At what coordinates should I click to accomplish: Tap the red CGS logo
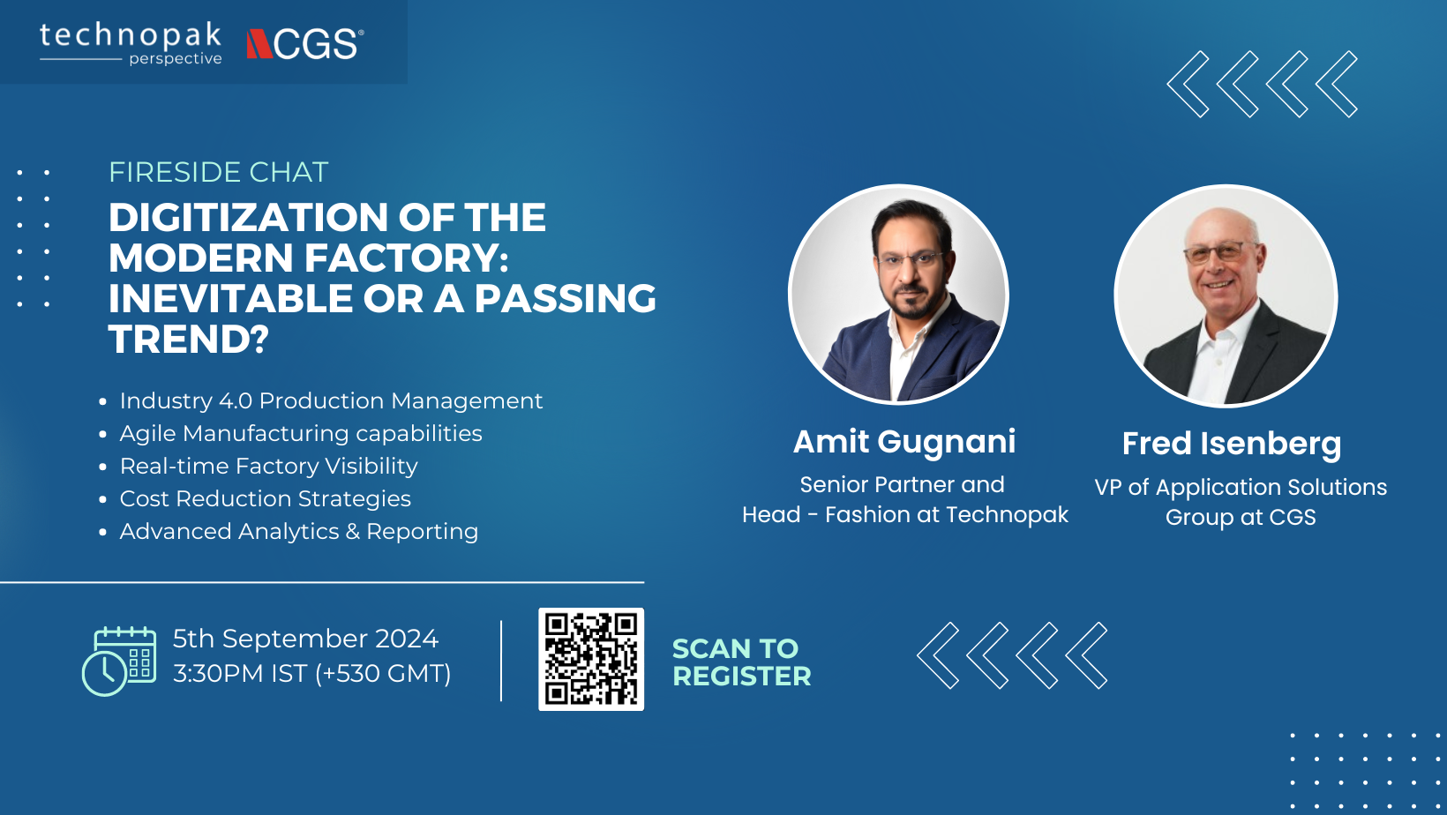click(x=305, y=44)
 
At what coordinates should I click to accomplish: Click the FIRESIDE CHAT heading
click(x=218, y=172)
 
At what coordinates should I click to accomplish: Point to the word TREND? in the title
click(x=188, y=339)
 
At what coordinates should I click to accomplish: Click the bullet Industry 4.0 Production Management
click(x=331, y=401)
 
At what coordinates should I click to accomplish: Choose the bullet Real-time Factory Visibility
click(x=269, y=467)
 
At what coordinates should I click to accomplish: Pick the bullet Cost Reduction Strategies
click(x=265, y=498)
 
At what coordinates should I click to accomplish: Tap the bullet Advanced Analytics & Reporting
click(x=298, y=532)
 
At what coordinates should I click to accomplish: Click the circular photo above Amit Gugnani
click(x=898, y=295)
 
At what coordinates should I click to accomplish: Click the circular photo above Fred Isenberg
click(x=1226, y=296)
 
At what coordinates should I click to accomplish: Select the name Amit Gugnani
click(x=904, y=443)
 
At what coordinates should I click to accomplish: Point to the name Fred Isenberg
click(x=1231, y=444)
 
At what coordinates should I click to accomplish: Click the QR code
click(x=591, y=660)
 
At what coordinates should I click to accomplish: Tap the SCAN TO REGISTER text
click(x=741, y=662)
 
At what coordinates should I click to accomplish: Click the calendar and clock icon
click(x=119, y=661)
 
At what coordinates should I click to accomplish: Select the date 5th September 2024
click(x=305, y=639)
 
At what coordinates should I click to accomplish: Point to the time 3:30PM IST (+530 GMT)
click(x=311, y=674)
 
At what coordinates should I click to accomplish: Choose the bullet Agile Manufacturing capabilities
click(x=300, y=433)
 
